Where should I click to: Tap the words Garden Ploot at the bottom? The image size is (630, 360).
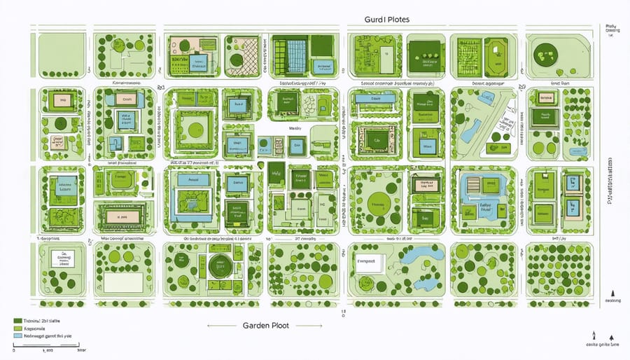point(266,326)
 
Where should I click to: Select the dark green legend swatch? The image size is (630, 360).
point(17,320)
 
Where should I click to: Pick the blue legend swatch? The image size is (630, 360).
point(17,335)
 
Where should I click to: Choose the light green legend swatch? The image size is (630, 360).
point(17,328)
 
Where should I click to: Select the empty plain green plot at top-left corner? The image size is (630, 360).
point(62,55)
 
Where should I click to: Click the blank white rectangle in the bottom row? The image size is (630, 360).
point(124,282)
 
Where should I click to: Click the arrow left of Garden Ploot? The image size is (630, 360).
point(220,326)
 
